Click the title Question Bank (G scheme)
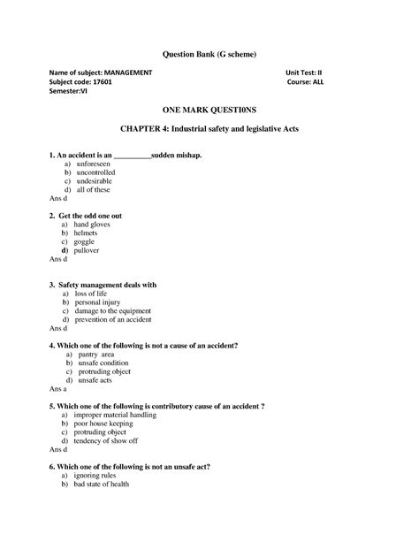click(209, 54)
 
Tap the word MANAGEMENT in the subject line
click(128, 73)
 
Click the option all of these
click(94, 190)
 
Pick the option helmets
click(91, 233)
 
